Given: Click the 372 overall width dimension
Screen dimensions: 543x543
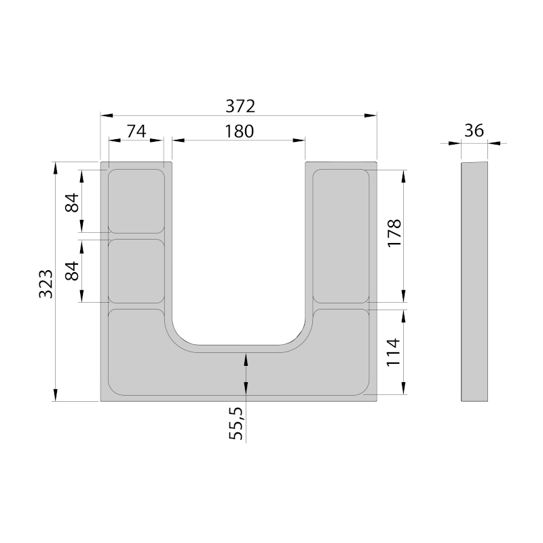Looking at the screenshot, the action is tap(240, 106).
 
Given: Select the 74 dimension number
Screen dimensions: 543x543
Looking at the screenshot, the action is tap(136, 131).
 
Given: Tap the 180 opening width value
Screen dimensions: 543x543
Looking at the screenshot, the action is tap(240, 132).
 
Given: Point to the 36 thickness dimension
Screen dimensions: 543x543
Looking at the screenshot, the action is tap(474, 131).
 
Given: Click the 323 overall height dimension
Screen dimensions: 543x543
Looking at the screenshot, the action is tap(45, 284).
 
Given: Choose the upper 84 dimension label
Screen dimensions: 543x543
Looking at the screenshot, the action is tap(73, 202).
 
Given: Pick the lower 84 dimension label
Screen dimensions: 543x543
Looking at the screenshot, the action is tap(73, 271).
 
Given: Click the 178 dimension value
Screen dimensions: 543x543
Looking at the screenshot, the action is tap(394, 233).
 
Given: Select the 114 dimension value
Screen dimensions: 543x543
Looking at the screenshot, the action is tap(394, 352).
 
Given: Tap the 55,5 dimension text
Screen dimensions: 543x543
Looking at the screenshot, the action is tap(236, 423).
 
